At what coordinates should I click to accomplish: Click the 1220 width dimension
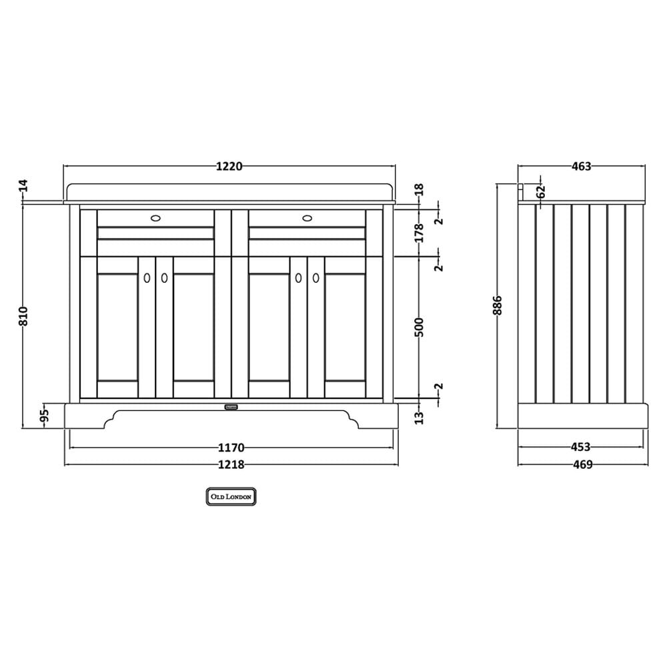tap(229, 166)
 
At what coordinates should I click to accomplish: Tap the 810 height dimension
tap(23, 316)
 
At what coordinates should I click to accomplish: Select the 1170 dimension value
tap(231, 448)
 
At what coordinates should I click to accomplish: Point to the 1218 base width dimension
tap(231, 464)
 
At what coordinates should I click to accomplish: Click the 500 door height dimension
tap(419, 327)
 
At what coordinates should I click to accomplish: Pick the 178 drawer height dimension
tap(419, 233)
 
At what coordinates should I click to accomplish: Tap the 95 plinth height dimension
tap(45, 416)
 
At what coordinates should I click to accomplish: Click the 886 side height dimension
tap(498, 305)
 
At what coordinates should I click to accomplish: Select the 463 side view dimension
tap(582, 166)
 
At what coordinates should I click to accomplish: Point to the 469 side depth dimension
tap(583, 464)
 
